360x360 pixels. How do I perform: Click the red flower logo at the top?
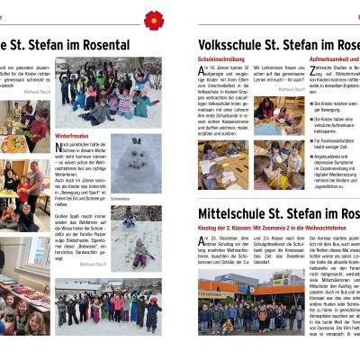coord(155,19)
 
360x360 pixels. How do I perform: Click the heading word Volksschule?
coord(232,44)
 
